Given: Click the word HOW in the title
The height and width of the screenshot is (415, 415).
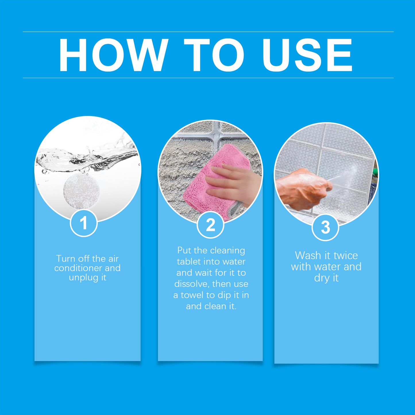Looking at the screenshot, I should click(113, 55).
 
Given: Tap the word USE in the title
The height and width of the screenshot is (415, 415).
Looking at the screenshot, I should click(307, 55).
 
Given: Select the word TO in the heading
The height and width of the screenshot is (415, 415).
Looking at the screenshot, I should click(214, 55).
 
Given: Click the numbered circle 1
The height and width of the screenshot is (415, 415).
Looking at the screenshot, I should click(84, 223).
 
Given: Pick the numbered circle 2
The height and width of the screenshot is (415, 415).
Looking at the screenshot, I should click(211, 225).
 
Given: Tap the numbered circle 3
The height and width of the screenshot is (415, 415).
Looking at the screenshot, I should click(325, 227).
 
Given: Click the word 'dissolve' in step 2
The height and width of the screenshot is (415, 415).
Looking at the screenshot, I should click(192, 284).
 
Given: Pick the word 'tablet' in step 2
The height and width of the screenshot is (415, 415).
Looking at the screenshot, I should click(189, 262).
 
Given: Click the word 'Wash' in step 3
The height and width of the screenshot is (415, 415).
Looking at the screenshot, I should click(308, 255).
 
